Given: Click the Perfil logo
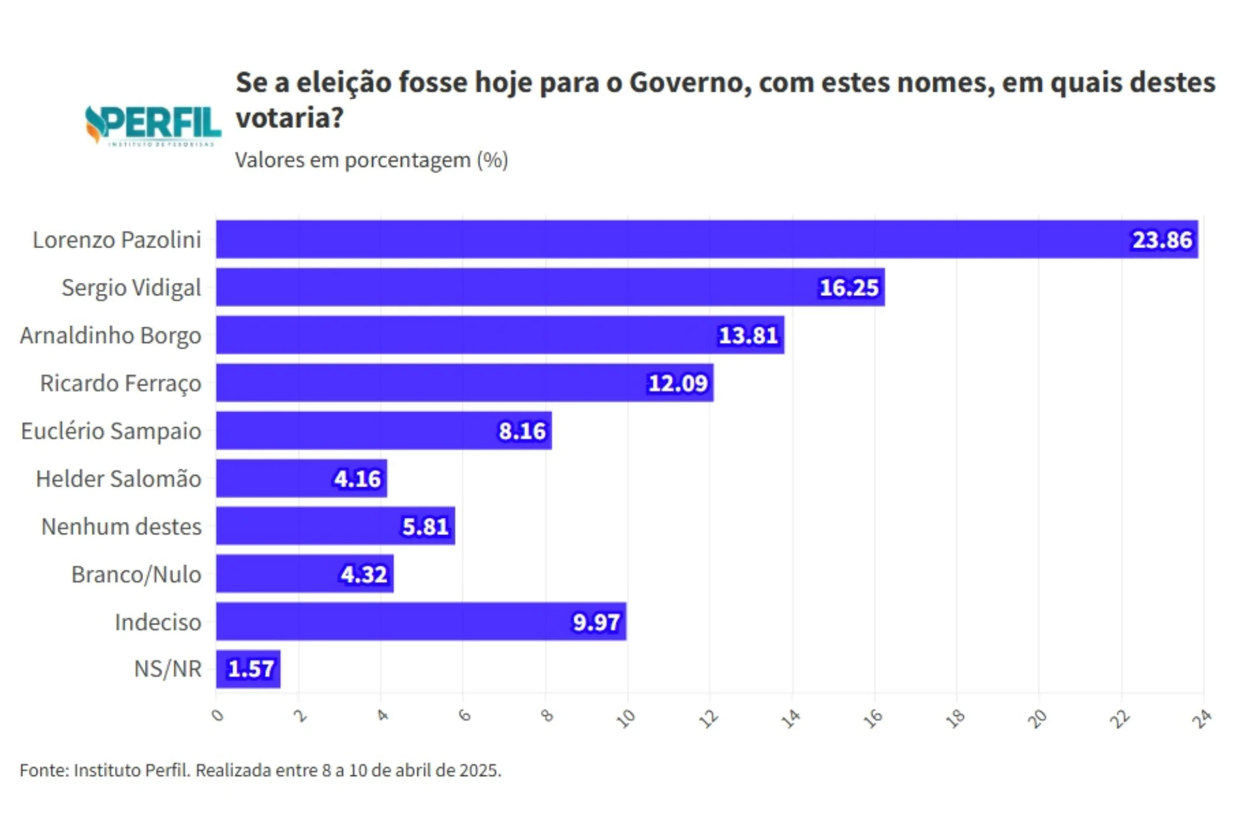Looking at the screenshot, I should coord(153,125).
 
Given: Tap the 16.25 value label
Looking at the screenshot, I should coord(848,287).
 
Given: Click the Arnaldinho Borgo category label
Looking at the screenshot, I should coord(110,336).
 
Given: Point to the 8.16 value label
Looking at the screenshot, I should coord(522,431).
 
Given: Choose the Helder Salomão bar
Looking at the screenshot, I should coord(301,479).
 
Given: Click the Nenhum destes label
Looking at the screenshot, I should coord(121,526).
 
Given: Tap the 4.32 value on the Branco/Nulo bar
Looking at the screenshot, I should coord(364,575).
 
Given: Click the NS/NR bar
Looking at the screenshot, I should coord(248,669).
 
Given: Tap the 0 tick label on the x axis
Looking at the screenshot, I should coord(217,716).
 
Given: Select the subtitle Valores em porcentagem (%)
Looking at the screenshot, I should coord(371,160).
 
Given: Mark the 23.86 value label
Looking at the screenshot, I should coord(1162,240).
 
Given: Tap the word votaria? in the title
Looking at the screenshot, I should coord(289,118).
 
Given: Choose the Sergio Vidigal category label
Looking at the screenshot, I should coord(131,288).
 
